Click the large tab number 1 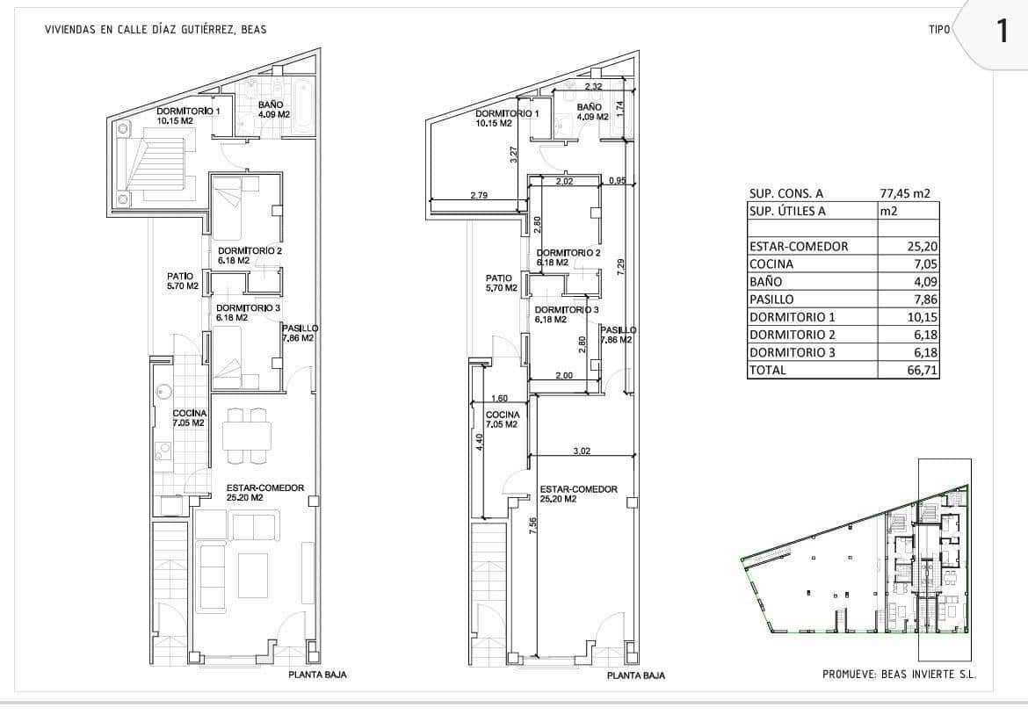pos(1002,32)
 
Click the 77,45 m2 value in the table pos(905,194)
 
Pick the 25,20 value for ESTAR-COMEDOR pos(916,247)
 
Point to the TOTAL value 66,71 pos(916,371)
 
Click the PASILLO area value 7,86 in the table pos(920,300)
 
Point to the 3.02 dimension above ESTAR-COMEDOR pos(580,451)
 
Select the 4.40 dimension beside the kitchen pos(479,442)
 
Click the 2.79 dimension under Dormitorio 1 pos(479,195)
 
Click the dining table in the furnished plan pos(247,435)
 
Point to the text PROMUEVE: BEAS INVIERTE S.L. pos(899,675)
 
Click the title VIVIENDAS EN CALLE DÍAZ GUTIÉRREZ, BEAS pos(155,30)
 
